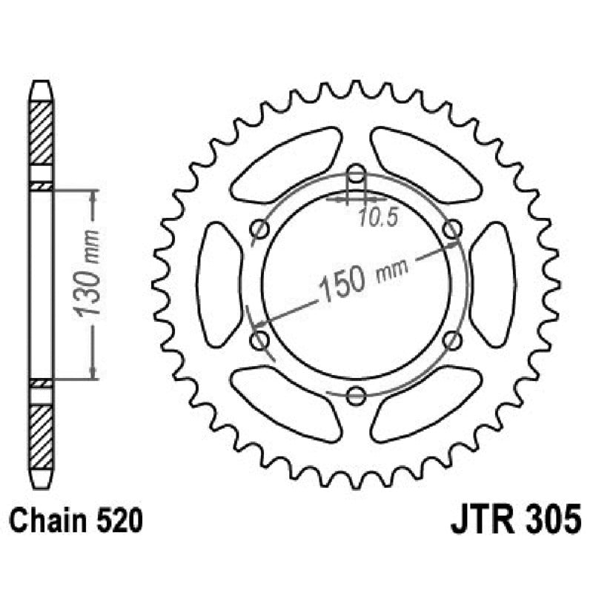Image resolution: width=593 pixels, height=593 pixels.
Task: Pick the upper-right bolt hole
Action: (x=452, y=230)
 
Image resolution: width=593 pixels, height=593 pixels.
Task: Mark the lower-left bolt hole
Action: (x=259, y=339)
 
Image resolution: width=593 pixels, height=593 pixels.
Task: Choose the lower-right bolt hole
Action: (x=452, y=339)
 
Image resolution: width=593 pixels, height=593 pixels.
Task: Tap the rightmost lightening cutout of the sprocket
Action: (x=491, y=285)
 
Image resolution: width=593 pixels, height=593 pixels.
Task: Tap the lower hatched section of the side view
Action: (x=42, y=437)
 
